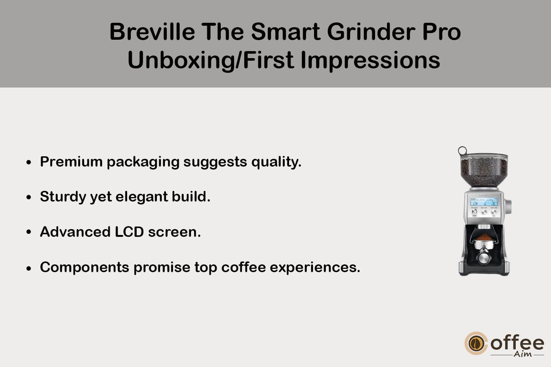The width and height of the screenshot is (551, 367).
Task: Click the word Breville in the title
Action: click(x=152, y=32)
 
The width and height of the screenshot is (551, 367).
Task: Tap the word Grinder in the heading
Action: click(x=371, y=32)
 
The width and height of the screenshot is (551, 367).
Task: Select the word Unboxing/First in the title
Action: click(x=210, y=60)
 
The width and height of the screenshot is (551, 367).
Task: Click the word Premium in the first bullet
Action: click(x=71, y=162)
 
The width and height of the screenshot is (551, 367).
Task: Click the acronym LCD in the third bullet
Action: click(x=129, y=232)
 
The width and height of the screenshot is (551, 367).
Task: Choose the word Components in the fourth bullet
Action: click(x=84, y=268)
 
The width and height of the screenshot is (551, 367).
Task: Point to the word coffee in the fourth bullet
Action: click(x=244, y=267)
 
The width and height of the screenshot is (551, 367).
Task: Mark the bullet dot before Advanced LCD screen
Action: click(x=29, y=232)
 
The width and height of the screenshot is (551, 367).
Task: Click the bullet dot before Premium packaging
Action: click(x=29, y=162)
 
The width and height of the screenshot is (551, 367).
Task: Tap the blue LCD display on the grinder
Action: click(x=484, y=202)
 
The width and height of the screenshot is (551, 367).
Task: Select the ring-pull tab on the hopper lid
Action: click(x=462, y=150)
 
